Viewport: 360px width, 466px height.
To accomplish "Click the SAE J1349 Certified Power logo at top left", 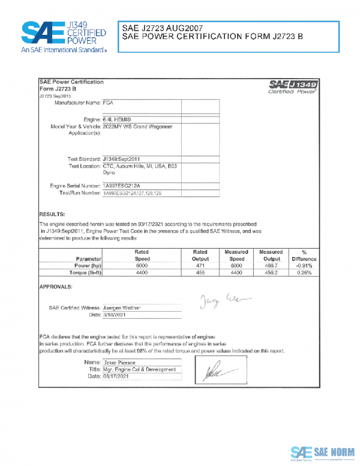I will [x=64, y=37].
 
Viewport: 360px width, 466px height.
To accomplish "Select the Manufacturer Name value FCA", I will [x=109, y=103].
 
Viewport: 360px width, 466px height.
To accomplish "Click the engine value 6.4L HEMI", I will [x=118, y=120].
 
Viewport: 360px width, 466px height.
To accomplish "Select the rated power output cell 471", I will [x=200, y=264].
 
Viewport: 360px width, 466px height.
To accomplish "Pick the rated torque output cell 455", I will [x=200, y=272].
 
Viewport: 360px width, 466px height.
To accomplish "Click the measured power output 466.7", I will [x=271, y=264].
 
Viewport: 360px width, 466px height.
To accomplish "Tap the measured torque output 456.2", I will [x=271, y=272].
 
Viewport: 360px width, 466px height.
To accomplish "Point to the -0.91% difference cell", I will [x=304, y=264].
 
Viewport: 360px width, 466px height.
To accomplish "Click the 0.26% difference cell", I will [x=305, y=272].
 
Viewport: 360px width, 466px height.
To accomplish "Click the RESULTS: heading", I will [x=52, y=214].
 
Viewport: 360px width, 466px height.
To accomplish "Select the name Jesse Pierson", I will [x=121, y=363].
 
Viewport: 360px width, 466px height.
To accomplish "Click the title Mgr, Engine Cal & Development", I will [x=139, y=370].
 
